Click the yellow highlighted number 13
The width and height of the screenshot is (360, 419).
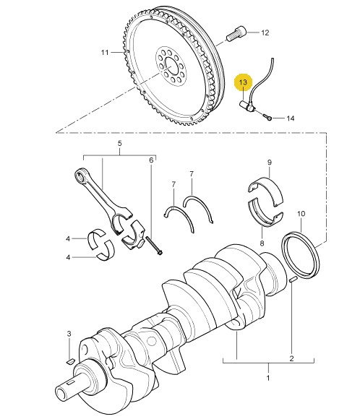click(x=243, y=82)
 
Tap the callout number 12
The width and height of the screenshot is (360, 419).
click(x=265, y=33)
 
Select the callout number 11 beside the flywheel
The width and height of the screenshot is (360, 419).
click(x=105, y=52)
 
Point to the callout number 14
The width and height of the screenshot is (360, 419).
click(x=291, y=118)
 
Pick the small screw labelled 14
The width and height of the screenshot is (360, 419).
click(x=267, y=117)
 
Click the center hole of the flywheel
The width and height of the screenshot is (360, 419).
click(x=171, y=66)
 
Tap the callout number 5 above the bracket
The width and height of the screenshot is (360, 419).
click(x=119, y=144)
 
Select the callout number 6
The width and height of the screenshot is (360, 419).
click(x=151, y=160)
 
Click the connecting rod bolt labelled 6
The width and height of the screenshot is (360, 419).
click(x=154, y=246)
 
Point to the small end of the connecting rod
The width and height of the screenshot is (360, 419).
click(x=81, y=175)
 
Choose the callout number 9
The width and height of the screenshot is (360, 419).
click(x=270, y=163)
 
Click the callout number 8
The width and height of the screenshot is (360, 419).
click(x=262, y=243)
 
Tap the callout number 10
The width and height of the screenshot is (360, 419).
click(x=301, y=214)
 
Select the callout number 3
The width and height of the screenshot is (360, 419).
click(x=69, y=334)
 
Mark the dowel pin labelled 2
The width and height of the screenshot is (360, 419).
click(x=293, y=280)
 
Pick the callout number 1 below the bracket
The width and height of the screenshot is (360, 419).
click(x=267, y=378)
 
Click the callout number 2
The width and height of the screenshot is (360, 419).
click(x=291, y=358)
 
